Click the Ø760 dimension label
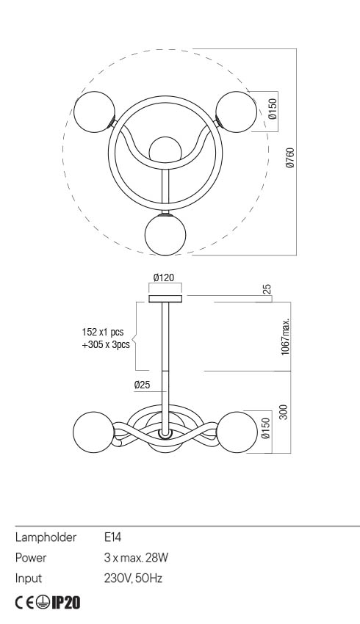coord(290,159)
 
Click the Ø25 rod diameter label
coord(143,385)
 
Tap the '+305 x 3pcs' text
coord(106,344)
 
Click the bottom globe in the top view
coord(165,235)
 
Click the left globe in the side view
coord(93,433)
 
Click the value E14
coord(114,538)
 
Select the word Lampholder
coord(46,538)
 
